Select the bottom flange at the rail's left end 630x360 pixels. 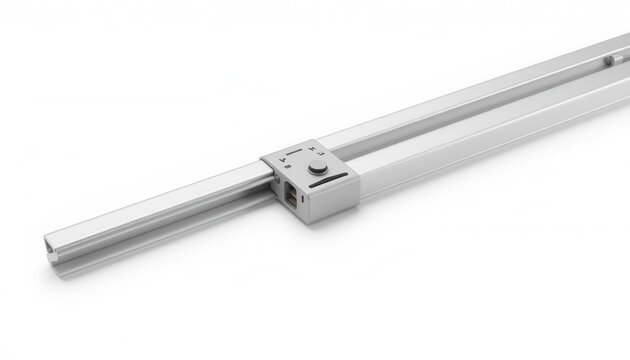(60, 259)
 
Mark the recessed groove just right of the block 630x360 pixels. (400, 144)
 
